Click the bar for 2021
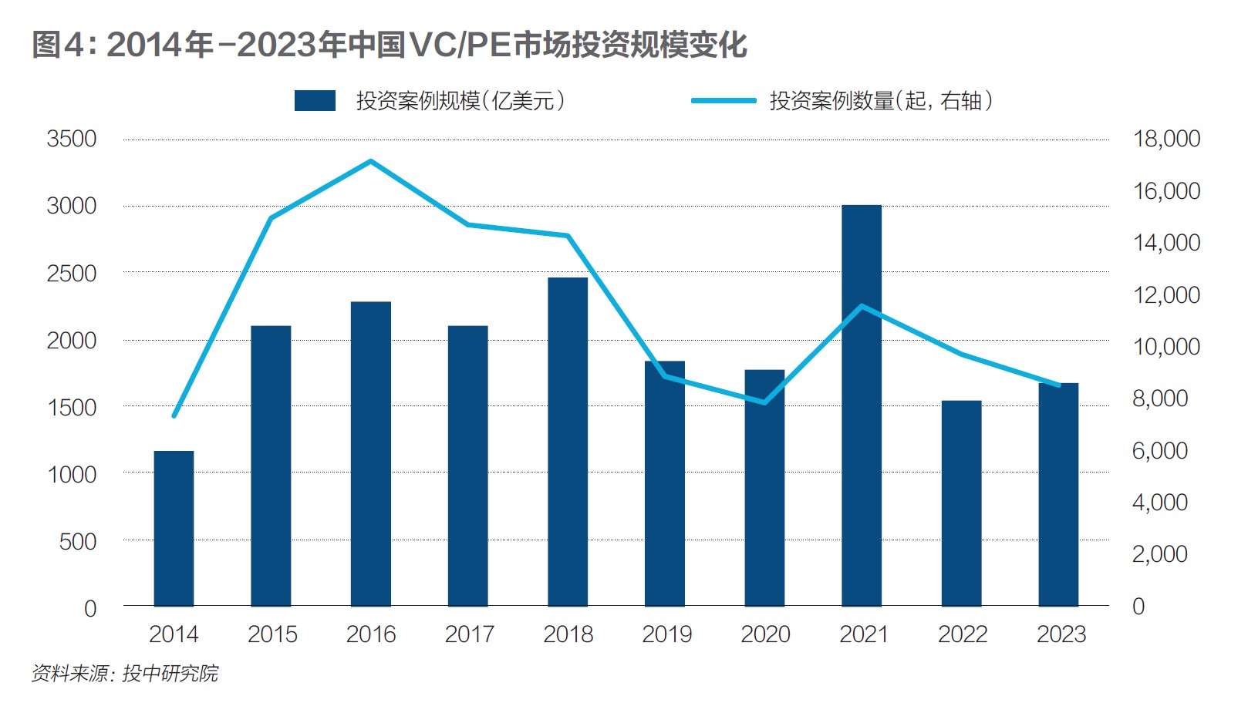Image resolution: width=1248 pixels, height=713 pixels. click(x=862, y=405)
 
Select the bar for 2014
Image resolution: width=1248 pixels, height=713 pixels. click(x=174, y=529)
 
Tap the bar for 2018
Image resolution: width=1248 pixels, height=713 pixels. click(x=568, y=442)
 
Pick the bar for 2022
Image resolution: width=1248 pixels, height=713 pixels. click(x=961, y=503)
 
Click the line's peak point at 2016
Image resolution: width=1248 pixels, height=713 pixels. click(x=371, y=161)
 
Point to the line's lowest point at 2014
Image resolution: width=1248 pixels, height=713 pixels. click(x=174, y=415)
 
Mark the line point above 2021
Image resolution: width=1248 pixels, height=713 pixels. click(x=862, y=306)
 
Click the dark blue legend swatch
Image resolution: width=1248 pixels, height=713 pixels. click(x=315, y=101)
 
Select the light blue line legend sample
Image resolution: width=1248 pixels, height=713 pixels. click(x=723, y=101)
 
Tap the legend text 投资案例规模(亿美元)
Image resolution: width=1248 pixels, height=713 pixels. click(x=460, y=101)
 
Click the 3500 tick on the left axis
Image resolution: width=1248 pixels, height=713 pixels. click(x=72, y=140)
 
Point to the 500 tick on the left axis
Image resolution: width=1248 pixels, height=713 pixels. click(x=78, y=542)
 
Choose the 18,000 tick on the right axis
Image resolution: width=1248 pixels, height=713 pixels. click(x=1166, y=140)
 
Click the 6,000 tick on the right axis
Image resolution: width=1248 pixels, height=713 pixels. click(x=1159, y=451)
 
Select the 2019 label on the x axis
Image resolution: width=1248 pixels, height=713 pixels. click(x=666, y=634)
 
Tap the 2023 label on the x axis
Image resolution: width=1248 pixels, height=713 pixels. click(x=1061, y=634)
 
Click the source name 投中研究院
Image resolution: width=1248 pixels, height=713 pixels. click(x=170, y=674)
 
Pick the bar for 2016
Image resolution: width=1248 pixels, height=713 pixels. click(x=371, y=454)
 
